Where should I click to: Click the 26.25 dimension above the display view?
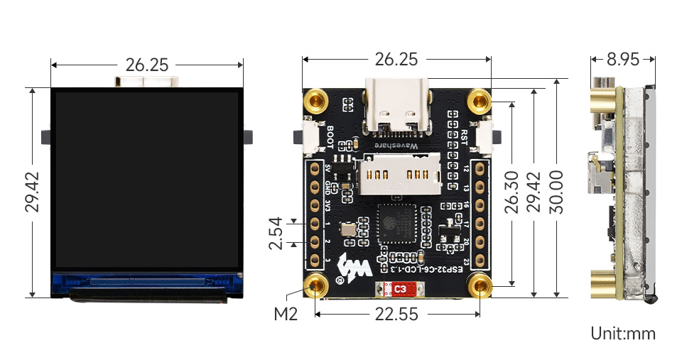tap(146, 65)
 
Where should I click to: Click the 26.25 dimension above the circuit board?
tap(396, 60)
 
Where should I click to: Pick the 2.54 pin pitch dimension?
tap(276, 233)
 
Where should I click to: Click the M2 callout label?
tap(285, 313)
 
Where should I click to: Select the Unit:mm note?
tap(622, 333)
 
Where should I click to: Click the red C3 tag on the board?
tap(400, 289)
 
